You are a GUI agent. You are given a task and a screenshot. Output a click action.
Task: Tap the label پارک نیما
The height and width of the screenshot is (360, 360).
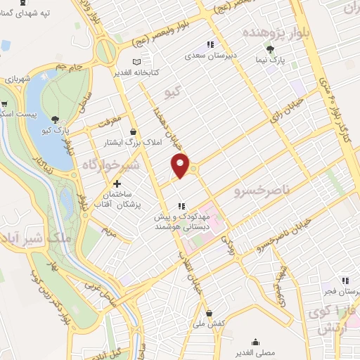[x=271, y=61]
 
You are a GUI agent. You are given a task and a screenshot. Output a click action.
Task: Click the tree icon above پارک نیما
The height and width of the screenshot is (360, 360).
[x=271, y=49]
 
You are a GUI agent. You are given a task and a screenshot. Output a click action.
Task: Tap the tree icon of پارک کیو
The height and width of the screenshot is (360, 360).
[x=56, y=119]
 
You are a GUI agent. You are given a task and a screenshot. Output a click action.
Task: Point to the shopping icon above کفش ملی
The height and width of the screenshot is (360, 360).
[x=210, y=313]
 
